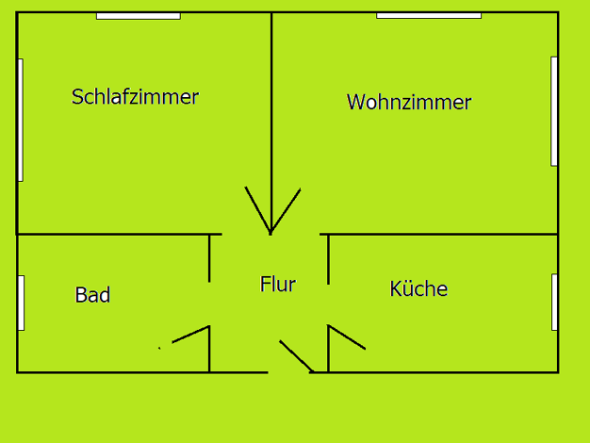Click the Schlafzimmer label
[x=135, y=97]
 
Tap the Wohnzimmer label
[x=409, y=102]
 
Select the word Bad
[x=92, y=295]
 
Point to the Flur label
[x=278, y=284]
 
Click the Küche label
[x=418, y=288]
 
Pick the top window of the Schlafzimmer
[x=139, y=16]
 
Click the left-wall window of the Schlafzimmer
[x=21, y=120]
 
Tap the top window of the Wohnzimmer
[x=429, y=15]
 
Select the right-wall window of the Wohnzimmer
[x=554, y=111]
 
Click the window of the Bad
[x=22, y=303]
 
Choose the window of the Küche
[x=554, y=303]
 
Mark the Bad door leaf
[x=190, y=335]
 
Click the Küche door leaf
[x=347, y=336]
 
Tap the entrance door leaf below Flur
[x=297, y=356]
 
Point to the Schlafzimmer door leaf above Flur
[x=257, y=209]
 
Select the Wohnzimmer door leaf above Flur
[x=286, y=210]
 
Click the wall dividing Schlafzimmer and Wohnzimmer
[x=271, y=123]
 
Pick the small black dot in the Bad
[x=159, y=348]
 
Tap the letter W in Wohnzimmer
[x=355, y=102]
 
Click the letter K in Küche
[x=395, y=288]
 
